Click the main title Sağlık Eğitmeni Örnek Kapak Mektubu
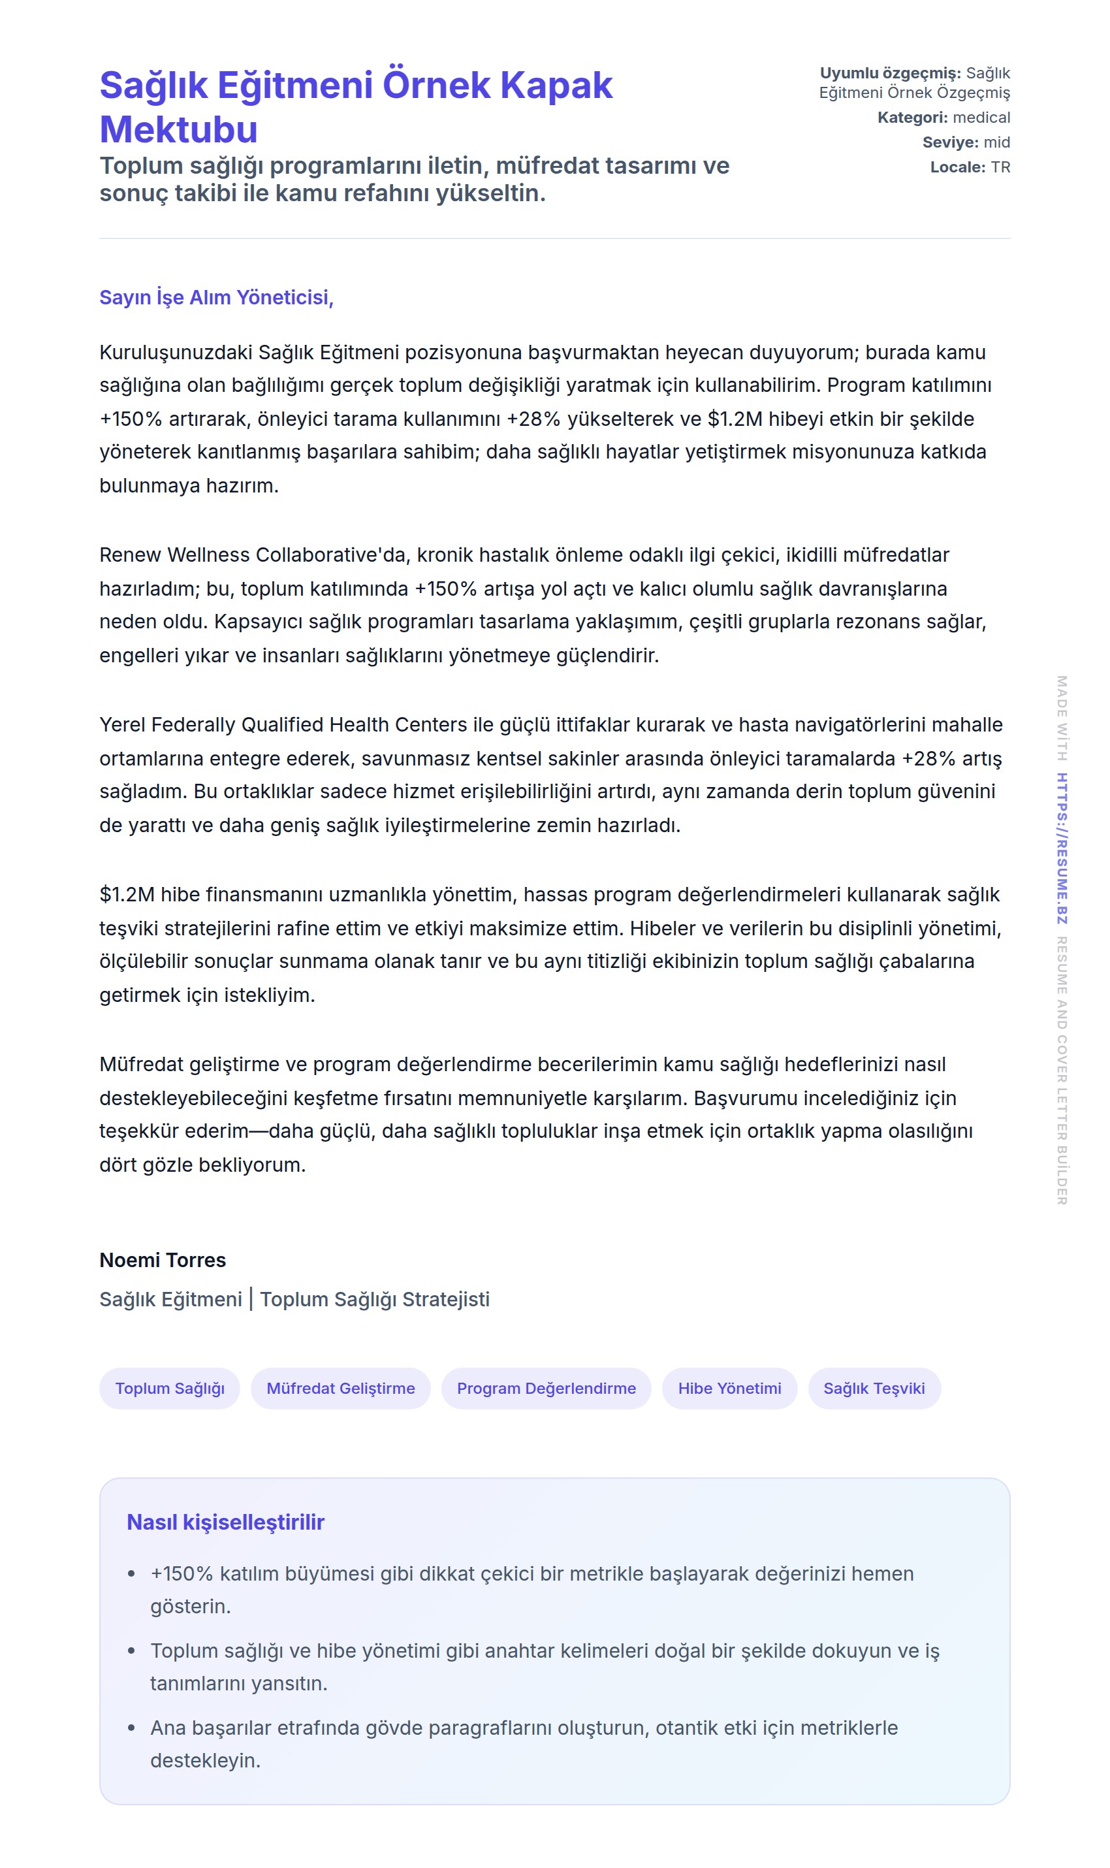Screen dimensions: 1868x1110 pyautogui.click(x=356, y=106)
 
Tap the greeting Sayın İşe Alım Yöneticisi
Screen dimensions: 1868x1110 pyautogui.click(x=216, y=298)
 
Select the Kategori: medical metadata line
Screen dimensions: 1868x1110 pyautogui.click(x=943, y=118)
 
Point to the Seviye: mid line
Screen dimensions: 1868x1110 pyautogui.click(x=966, y=142)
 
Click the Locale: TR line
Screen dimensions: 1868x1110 pyautogui.click(x=970, y=167)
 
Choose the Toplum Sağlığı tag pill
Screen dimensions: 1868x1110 pyautogui.click(x=170, y=1389)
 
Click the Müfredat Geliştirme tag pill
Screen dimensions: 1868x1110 pyautogui.click(x=340, y=1389)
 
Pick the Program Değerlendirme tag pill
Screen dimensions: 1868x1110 pyautogui.click(x=546, y=1389)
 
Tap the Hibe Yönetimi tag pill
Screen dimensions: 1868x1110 pyautogui.click(x=729, y=1389)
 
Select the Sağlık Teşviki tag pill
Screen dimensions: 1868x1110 pyautogui.click(x=874, y=1389)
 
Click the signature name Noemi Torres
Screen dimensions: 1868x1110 pyautogui.click(x=163, y=1261)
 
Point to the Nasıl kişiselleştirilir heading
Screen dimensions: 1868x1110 pyautogui.click(x=225, y=1522)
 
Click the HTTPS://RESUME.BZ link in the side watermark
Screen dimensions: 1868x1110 pyautogui.click(x=1062, y=848)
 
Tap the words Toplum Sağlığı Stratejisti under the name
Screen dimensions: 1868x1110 pyautogui.click(x=375, y=1300)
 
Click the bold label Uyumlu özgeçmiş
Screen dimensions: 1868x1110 pyautogui.click(x=890, y=73)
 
